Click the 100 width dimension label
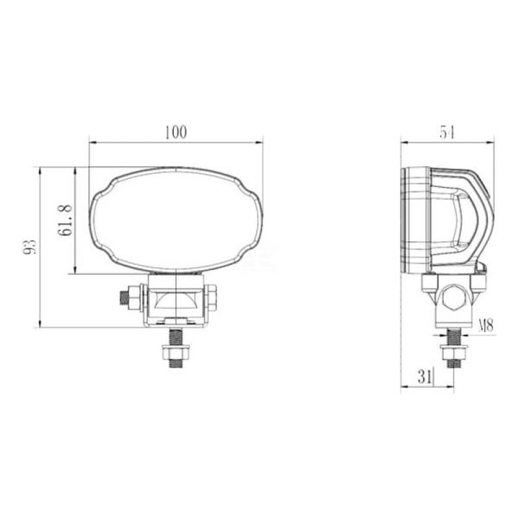click(x=176, y=131)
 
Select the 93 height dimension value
click(x=30, y=247)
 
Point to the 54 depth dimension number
click(x=447, y=131)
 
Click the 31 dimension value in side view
click(x=424, y=376)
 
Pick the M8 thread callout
click(x=485, y=326)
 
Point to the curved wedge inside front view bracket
click(x=176, y=302)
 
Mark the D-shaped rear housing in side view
click(x=463, y=216)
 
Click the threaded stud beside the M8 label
click(x=452, y=334)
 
